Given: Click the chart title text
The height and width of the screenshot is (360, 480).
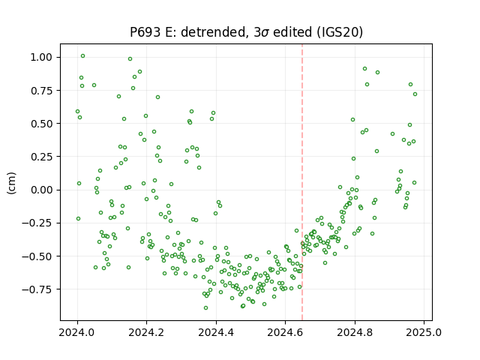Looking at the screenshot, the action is click(x=246, y=32).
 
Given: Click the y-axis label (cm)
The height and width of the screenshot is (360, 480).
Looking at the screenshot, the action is click(x=11, y=183).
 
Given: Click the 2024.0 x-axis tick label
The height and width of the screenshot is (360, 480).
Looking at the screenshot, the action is click(x=77, y=332).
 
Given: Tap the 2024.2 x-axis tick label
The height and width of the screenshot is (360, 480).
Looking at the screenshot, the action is click(x=147, y=332).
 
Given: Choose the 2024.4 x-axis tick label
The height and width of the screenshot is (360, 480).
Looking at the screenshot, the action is click(x=216, y=332).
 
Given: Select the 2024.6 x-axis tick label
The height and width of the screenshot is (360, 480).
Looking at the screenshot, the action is click(x=285, y=332).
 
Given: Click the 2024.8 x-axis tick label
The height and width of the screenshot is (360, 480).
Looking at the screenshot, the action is click(x=355, y=332).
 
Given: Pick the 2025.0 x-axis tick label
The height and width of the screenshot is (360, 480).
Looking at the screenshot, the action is click(x=424, y=332).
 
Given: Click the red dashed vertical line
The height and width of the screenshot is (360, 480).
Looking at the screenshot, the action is click(x=302, y=182).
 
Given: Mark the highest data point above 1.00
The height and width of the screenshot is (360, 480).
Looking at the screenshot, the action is click(x=82, y=56).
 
